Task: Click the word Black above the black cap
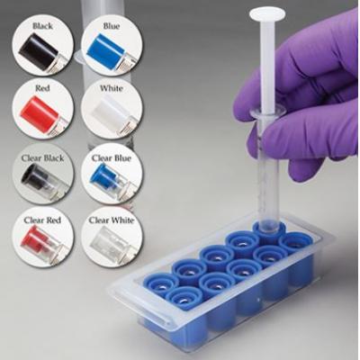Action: (41, 27)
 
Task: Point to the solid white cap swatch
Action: (106, 114)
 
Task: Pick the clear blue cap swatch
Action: (106, 177)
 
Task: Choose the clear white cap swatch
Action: (106, 242)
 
